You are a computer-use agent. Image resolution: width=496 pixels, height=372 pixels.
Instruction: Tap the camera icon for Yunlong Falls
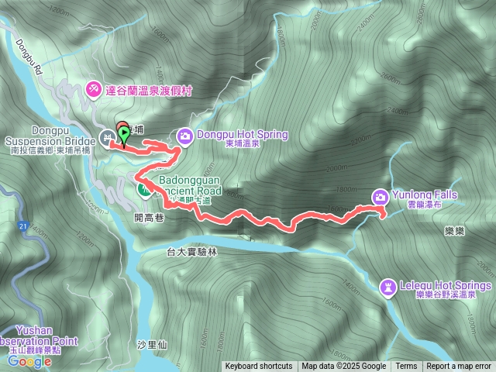pos(381,196)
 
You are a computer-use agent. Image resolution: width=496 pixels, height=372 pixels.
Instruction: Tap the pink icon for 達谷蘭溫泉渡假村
pos(94,90)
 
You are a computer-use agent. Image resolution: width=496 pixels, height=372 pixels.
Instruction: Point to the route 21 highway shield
pos(23,226)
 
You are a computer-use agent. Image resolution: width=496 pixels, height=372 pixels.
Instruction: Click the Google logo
pos(29,360)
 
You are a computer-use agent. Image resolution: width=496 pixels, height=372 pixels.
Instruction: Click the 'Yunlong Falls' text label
pos(425,195)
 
